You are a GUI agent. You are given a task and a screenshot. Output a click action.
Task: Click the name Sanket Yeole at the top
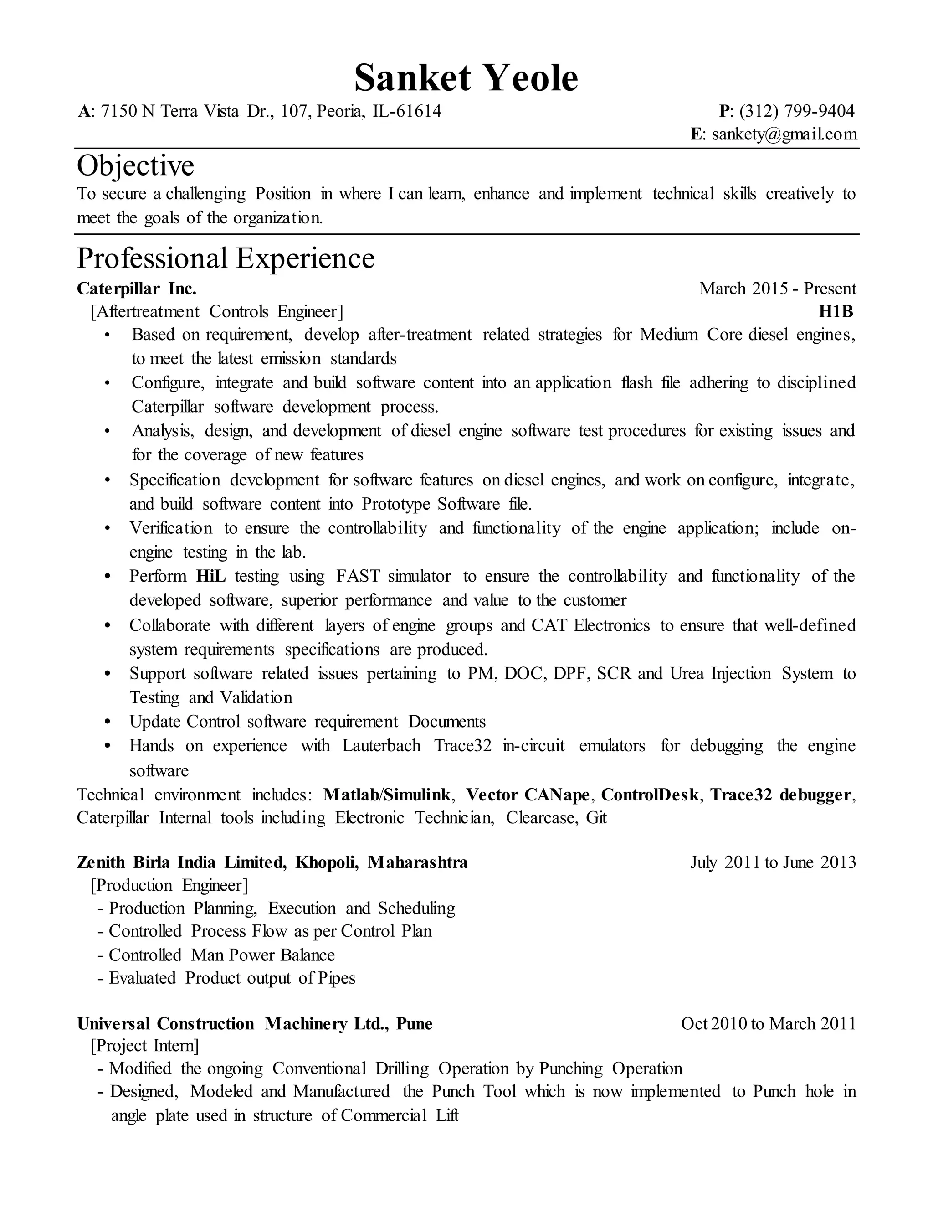coord(466,78)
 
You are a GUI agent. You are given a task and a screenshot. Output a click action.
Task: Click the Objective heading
coord(135,165)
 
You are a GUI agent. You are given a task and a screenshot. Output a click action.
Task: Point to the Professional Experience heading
coord(226,258)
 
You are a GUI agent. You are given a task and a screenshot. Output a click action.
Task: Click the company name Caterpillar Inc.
coord(137,289)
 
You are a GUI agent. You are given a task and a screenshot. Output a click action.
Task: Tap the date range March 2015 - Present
coord(777,289)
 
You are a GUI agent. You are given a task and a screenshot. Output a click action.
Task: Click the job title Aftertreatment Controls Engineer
coord(217,312)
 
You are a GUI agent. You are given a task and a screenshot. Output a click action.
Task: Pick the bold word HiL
coord(210,576)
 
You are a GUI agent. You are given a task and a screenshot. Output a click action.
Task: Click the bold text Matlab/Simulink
coord(387,795)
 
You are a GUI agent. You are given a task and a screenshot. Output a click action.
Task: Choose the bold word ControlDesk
coord(650,795)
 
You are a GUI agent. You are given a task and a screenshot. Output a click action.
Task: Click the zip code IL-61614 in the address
coord(407,112)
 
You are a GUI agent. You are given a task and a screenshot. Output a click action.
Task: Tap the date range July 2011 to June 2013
coord(773,862)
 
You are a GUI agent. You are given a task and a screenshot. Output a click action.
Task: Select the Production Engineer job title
coord(169,886)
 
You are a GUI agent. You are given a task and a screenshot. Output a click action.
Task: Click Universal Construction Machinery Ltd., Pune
coord(255,1024)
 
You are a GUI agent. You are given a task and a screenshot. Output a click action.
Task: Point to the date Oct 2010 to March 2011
coord(768,1024)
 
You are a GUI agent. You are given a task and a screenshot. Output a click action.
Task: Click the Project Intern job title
coord(145,1046)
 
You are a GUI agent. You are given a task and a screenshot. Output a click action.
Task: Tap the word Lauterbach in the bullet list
coord(381,746)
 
